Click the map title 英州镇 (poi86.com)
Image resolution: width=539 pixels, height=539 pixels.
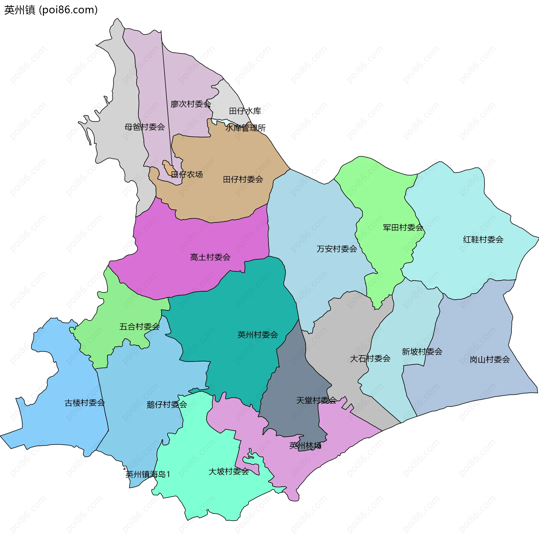click(x=51, y=10)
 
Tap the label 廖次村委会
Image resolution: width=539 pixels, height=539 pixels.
click(x=191, y=104)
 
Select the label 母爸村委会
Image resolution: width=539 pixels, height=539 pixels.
click(x=145, y=127)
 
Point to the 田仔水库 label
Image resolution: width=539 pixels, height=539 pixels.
click(x=245, y=111)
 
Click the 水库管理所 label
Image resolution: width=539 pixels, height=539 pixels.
click(x=245, y=128)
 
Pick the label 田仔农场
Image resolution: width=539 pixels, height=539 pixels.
click(x=187, y=175)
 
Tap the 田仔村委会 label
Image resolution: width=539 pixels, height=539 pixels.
click(x=243, y=179)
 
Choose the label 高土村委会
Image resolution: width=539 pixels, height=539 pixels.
click(x=210, y=257)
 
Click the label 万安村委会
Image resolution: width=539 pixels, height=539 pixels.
click(x=337, y=249)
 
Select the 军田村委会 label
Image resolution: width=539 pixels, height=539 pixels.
click(x=403, y=228)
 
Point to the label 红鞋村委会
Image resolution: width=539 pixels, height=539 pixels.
click(x=483, y=240)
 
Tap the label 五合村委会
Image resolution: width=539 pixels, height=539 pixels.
click(x=140, y=327)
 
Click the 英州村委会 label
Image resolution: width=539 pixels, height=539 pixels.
click(x=258, y=335)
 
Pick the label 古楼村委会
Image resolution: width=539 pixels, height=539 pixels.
click(x=85, y=403)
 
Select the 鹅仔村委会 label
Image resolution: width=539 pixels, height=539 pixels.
click(x=167, y=405)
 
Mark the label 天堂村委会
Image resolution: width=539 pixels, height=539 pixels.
click(x=316, y=400)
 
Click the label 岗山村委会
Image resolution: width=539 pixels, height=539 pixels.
click(x=490, y=359)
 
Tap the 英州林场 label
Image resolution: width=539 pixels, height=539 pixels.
click(x=305, y=445)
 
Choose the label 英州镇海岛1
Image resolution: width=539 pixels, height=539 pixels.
click(x=148, y=474)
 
